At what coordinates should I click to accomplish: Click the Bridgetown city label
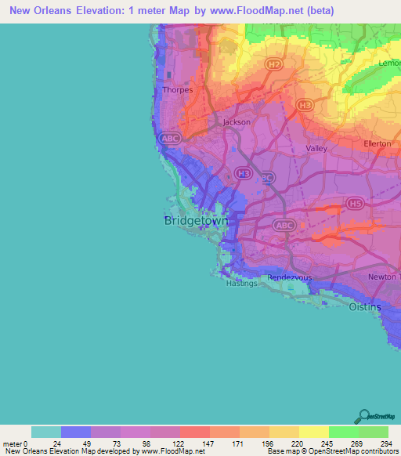coord(197,222)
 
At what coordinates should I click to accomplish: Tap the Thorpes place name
coord(176,90)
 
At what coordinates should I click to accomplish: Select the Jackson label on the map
coord(237,122)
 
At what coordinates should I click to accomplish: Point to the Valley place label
coord(316,148)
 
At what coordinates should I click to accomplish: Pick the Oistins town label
coord(365,307)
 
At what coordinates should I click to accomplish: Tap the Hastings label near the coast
coord(240,284)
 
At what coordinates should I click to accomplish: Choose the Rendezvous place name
coord(289,277)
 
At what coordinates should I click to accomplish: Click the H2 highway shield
coord(273,63)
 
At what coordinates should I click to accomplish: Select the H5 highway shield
coord(356,204)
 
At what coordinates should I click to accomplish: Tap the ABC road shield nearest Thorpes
coord(169,138)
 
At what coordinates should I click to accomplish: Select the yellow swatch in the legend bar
coord(313,432)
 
